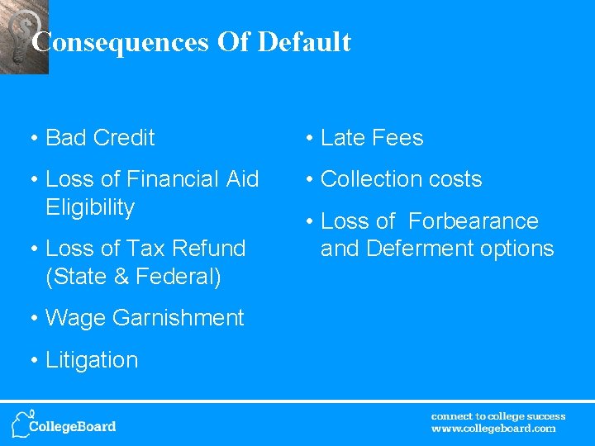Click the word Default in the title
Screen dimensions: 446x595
click(304, 42)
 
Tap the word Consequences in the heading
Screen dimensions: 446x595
click(121, 42)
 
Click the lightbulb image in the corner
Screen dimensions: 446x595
click(23, 37)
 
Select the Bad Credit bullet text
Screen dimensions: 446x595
click(100, 138)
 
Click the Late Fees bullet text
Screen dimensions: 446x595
click(371, 138)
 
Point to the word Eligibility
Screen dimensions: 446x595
click(90, 207)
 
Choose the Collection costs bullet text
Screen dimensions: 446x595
click(401, 179)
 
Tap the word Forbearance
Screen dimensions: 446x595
click(473, 221)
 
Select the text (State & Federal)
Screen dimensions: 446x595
click(134, 277)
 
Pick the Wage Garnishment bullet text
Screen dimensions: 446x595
click(145, 318)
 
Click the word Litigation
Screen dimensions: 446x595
click(92, 360)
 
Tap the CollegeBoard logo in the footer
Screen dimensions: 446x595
click(64, 424)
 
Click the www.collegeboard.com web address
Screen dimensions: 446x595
click(493, 429)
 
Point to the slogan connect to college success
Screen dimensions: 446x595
click(498, 416)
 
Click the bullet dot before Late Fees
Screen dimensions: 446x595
click(307, 138)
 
